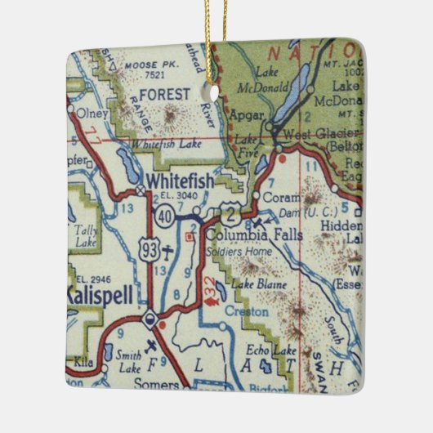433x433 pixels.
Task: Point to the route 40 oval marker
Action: (164, 215)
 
